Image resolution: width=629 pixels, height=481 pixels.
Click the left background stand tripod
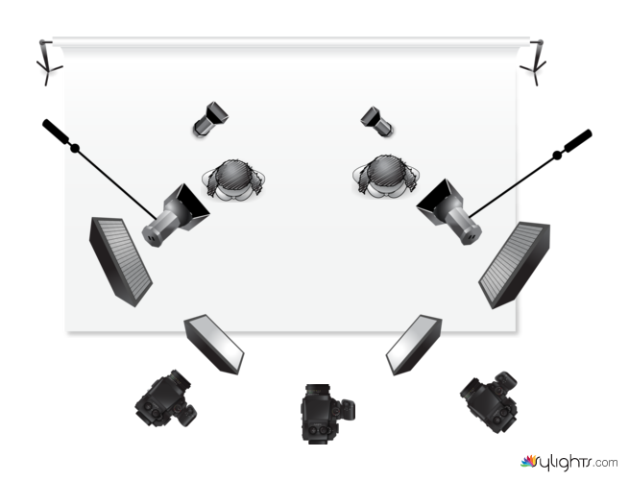pos(48,64)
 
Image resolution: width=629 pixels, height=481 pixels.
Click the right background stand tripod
pos(535,64)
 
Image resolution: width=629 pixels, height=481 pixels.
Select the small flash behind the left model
pos(210,119)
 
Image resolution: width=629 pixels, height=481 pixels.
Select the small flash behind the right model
pos(377,121)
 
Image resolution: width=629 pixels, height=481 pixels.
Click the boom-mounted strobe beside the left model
pos(176,215)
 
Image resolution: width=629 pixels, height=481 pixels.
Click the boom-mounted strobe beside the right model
pos(449,212)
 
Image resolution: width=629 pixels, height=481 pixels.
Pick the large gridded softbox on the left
pos(120,261)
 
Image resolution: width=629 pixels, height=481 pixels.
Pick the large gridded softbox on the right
pos(515,265)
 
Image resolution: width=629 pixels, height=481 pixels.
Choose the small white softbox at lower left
pos(214,345)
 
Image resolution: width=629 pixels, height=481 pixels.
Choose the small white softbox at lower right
pos(414,345)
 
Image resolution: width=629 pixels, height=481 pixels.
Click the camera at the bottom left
pos(166,398)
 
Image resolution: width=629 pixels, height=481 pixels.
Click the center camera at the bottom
pos(327,414)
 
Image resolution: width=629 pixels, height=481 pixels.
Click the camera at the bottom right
pos(490,402)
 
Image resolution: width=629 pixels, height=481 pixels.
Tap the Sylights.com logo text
pos(575,463)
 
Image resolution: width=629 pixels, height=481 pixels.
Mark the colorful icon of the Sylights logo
pos(528,461)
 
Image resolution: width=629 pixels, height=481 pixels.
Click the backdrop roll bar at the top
pos(291,41)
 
